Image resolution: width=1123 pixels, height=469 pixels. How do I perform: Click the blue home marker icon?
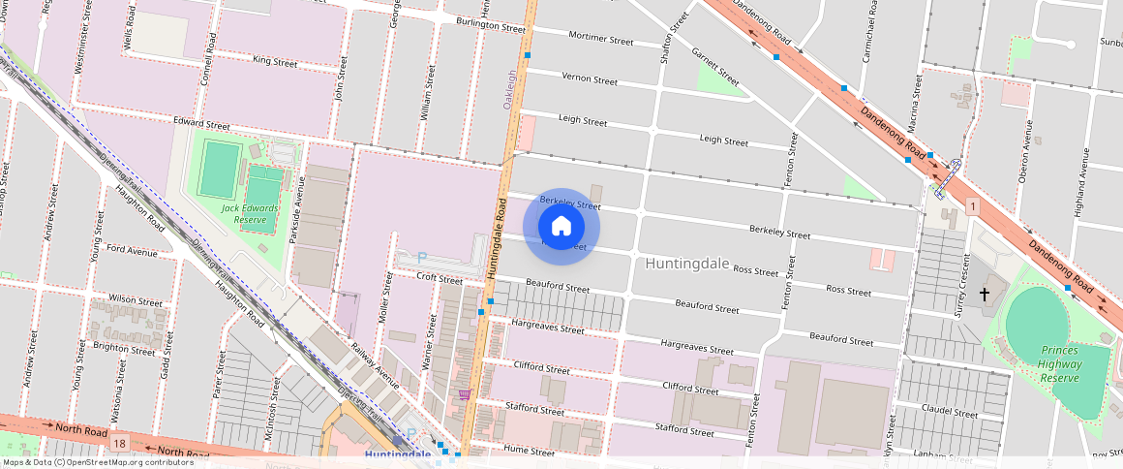[x=561, y=227]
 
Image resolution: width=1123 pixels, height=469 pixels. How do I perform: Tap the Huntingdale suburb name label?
[x=686, y=263]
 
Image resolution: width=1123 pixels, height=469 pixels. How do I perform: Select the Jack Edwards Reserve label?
[x=250, y=213]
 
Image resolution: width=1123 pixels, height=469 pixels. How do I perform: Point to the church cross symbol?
[x=986, y=294]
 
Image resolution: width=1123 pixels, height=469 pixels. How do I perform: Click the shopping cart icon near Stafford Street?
[x=465, y=394]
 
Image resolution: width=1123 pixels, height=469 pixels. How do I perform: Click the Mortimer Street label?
[x=600, y=40]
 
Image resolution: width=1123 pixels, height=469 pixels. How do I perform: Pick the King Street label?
[x=274, y=61]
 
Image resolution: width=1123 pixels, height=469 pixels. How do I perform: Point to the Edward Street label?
[x=201, y=125]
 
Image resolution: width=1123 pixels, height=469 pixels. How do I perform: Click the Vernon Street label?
[x=590, y=79]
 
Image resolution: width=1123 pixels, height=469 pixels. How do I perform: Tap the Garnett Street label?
[x=715, y=66]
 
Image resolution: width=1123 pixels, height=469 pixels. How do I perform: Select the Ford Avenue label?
[x=132, y=251]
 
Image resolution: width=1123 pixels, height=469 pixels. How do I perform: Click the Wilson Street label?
[x=136, y=300]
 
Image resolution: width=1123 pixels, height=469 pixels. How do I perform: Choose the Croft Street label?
[x=440, y=279]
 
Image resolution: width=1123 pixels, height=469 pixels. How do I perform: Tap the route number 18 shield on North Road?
[x=118, y=443]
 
